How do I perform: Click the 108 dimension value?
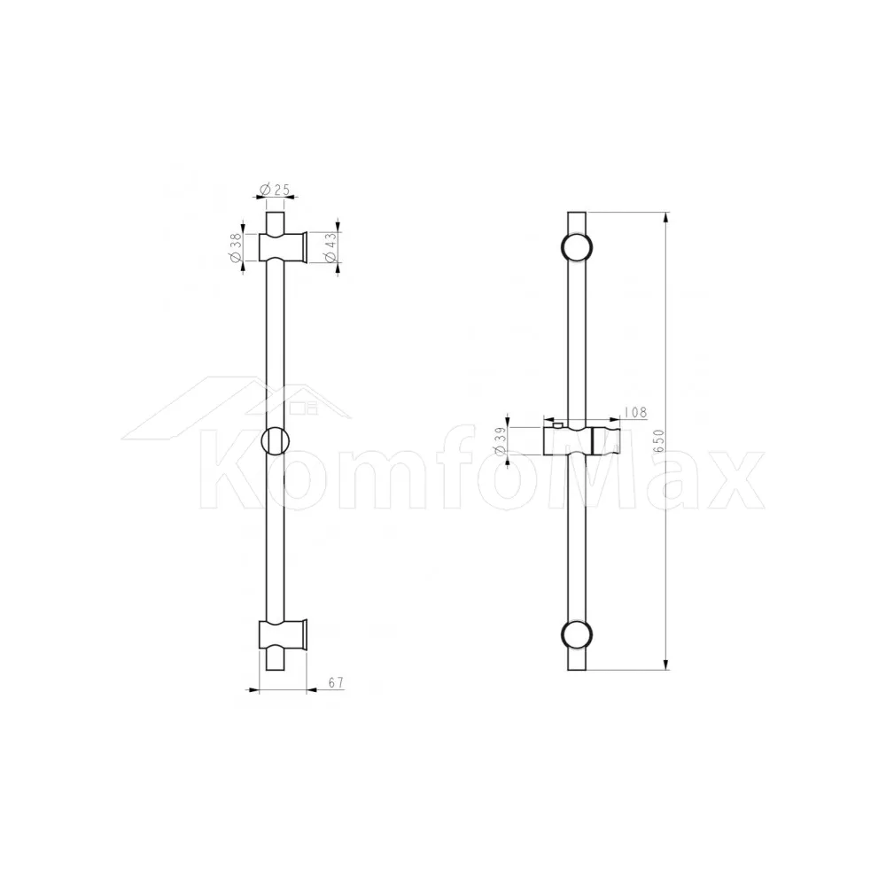click(x=636, y=413)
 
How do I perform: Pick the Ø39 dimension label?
click(x=500, y=441)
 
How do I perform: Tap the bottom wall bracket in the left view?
click(x=284, y=634)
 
